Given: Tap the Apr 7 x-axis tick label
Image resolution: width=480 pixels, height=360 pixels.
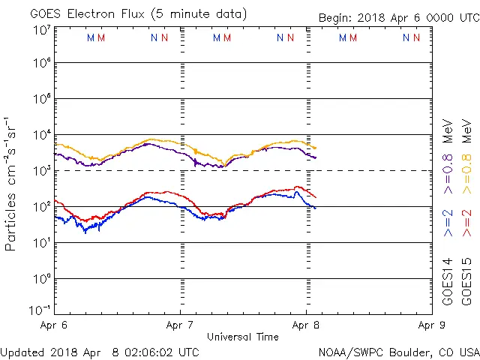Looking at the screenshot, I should click(180, 325).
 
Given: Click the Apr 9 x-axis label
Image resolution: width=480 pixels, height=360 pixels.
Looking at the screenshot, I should click(431, 325).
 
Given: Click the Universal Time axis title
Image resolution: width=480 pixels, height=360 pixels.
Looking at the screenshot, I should click(242, 337).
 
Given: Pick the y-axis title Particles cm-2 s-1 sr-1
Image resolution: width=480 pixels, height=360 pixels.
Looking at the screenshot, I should click(11, 184).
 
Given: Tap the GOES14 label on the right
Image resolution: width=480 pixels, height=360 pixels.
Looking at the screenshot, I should click(448, 281).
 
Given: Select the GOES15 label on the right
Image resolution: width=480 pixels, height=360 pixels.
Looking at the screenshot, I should click(466, 281).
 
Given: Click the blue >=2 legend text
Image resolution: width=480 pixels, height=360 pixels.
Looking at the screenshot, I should click(448, 223).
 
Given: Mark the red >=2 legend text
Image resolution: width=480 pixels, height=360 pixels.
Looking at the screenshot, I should click(466, 223).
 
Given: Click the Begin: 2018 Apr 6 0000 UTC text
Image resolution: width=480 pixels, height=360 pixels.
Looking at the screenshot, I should click(397, 17).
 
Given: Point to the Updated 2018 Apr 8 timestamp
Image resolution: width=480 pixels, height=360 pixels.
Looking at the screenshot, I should click(100, 351).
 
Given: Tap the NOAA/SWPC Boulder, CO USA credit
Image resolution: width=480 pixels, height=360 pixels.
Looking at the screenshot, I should click(398, 351).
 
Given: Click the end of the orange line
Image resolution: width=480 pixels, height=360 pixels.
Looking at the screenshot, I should click(316, 148).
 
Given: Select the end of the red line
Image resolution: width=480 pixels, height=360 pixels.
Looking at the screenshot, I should click(316, 196).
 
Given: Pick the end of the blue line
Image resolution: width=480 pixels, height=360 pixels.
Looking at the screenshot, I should click(316, 208).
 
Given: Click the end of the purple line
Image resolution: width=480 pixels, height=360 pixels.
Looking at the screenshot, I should click(316, 157).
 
